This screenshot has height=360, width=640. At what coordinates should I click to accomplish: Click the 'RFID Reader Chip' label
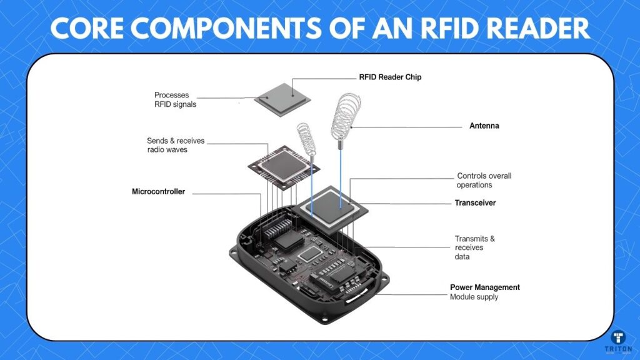390,77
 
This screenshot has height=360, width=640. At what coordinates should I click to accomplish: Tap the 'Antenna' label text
484,126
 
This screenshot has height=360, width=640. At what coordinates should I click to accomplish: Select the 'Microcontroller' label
158,192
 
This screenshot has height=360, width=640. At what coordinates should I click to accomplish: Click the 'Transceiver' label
474,203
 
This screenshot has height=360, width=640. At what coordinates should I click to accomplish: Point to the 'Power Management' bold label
485,287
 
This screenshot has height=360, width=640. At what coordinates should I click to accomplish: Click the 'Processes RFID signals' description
175,100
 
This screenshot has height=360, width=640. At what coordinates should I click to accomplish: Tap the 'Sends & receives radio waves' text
176,146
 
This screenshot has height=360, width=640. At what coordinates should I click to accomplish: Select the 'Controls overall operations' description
484,180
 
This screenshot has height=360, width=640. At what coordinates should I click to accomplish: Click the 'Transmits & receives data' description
474,247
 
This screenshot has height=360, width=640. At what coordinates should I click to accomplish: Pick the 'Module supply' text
474,297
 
